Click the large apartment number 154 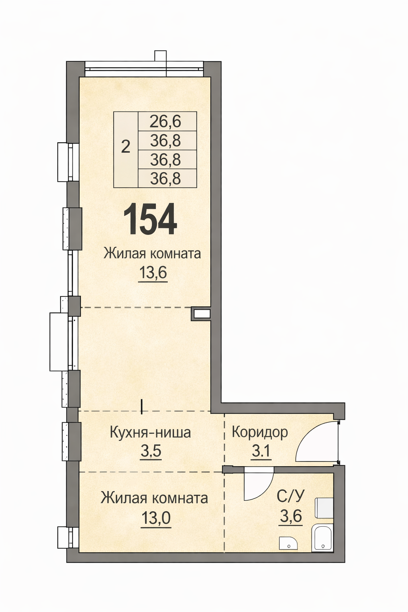click(150, 219)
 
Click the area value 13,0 click(156, 518)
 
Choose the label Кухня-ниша click(150, 432)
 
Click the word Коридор click(260, 432)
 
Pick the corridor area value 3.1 click(261, 451)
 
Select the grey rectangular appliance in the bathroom click(324, 508)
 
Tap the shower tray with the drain click(323, 538)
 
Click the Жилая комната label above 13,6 click(152, 253)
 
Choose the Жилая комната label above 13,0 click(154, 498)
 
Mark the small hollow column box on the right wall click(201, 314)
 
